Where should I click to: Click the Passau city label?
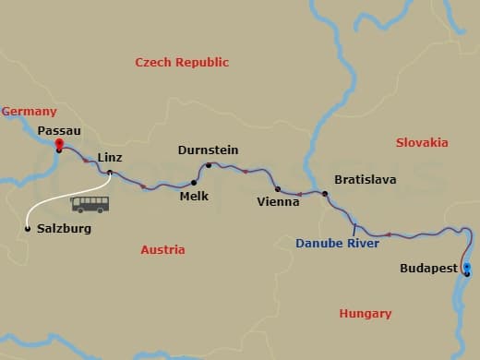[x=58, y=131]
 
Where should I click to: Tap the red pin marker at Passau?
[x=58, y=144]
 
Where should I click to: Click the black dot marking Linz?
[x=110, y=173]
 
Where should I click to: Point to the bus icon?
[x=90, y=204]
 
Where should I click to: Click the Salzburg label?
[x=64, y=228]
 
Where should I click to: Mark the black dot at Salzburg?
[x=28, y=228]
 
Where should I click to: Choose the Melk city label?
[x=194, y=196]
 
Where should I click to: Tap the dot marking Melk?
[x=194, y=182]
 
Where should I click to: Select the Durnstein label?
[x=208, y=150]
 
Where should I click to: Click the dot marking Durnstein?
[x=209, y=166]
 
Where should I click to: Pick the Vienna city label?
[x=279, y=201]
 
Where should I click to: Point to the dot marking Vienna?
[x=278, y=189]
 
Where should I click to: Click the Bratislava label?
[x=365, y=179]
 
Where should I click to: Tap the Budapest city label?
[x=427, y=268]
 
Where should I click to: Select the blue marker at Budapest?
[x=467, y=270]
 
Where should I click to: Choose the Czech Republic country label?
[x=182, y=62]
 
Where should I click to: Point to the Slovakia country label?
[x=422, y=142]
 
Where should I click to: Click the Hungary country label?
[x=366, y=313]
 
